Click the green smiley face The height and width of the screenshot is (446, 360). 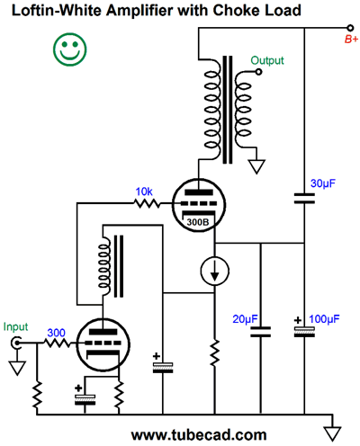pos(70,49)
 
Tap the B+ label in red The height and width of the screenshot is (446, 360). pos(351,40)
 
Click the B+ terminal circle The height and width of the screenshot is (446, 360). pos(350,28)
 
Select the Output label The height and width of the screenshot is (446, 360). pos(267,60)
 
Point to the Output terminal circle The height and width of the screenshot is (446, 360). pos(258,72)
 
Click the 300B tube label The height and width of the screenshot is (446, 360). pos(198,222)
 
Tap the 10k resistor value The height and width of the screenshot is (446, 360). pos(144,192)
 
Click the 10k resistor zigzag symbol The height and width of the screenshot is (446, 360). pos(148,204)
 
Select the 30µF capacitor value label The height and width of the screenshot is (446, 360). pos(323,183)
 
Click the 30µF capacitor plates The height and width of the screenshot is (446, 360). pos(304,198)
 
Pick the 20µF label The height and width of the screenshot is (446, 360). pos(245,319)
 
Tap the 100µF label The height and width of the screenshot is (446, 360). pos(324,319)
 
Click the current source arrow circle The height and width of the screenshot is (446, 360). pos(214,271)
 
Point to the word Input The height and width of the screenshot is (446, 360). pos(15,326)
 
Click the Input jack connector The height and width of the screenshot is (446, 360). pos(16,343)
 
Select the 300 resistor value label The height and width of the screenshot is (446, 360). pos(56,333)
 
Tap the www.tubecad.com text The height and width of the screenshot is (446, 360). pos(199,435)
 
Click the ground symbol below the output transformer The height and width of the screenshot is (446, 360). pos(256,166)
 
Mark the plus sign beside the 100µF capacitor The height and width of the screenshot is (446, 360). pos(298,320)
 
